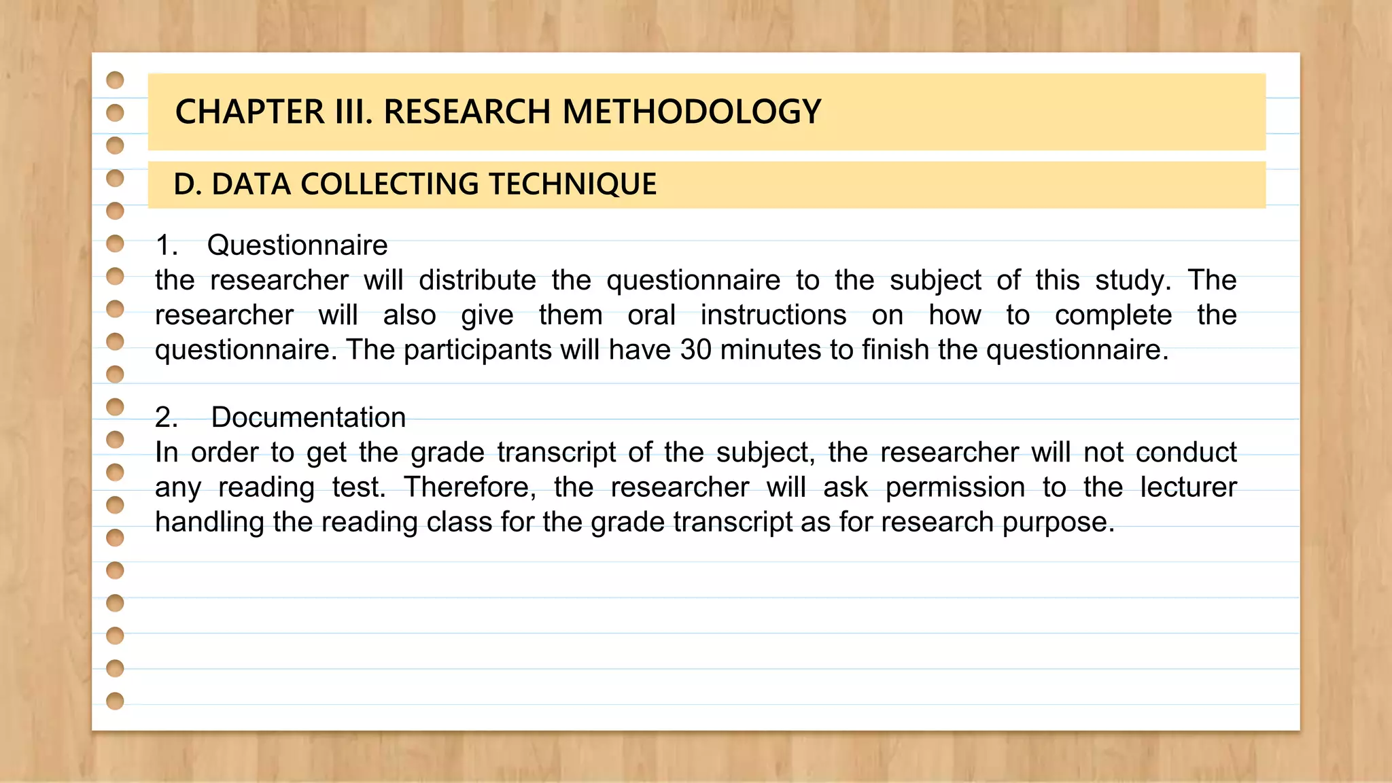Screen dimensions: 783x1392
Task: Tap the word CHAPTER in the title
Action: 250,112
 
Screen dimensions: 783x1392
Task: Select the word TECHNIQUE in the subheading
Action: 572,184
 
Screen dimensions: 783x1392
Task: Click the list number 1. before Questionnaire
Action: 167,245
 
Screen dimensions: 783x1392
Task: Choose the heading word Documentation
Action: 309,417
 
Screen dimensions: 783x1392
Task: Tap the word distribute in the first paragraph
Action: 477,280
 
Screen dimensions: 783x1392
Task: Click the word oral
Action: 651,315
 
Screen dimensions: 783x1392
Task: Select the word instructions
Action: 773,315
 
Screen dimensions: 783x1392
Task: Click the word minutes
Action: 771,350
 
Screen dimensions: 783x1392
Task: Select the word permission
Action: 955,487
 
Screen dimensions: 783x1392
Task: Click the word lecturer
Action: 1188,487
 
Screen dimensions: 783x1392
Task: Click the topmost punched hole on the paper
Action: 116,80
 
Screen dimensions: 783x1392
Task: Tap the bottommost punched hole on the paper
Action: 116,701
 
